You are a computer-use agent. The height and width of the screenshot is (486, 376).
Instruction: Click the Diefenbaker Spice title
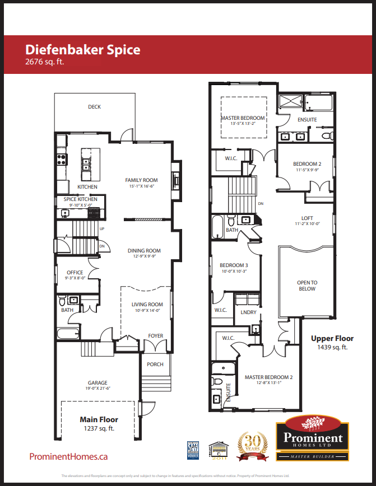pyautogui.click(x=83, y=49)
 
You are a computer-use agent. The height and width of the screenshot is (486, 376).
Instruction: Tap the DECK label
pyautogui.click(x=94, y=107)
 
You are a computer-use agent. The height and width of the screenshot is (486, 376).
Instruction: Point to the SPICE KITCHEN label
pyautogui.click(x=80, y=199)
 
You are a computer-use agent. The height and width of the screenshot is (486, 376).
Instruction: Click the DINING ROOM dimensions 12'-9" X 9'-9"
pyautogui.click(x=143, y=256)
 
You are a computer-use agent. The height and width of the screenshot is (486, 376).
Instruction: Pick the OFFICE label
pyautogui.click(x=75, y=273)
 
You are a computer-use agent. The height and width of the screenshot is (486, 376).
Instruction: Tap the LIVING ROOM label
pyautogui.click(x=147, y=305)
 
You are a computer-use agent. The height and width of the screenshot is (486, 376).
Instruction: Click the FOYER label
pyautogui.click(x=155, y=336)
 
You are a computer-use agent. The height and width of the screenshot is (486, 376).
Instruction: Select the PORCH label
pyautogui.click(x=155, y=364)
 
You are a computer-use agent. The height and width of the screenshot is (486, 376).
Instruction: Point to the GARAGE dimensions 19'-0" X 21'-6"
pyautogui.click(x=98, y=389)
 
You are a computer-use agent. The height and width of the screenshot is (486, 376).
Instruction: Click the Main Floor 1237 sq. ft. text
pyautogui.click(x=99, y=423)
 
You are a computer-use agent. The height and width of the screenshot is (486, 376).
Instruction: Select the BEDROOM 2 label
pyautogui.click(x=307, y=164)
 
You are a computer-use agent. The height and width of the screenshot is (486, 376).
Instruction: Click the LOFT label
pyautogui.click(x=307, y=218)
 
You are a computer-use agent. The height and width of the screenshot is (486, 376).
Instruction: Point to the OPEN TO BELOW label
pyautogui.click(x=307, y=286)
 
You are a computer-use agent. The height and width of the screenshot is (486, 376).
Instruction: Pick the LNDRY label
pyautogui.click(x=248, y=312)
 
